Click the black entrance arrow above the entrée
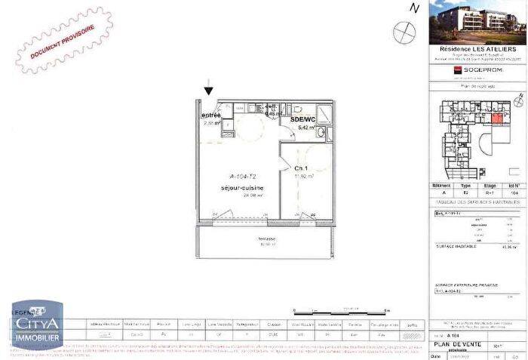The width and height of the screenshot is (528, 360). pos(209,91)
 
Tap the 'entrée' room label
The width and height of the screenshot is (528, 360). pos(211,115)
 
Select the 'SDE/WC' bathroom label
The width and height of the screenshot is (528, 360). pos(302,119)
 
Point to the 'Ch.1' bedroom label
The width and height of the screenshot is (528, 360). pos(300,168)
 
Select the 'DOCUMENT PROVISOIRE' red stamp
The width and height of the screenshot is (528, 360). pos(63,42)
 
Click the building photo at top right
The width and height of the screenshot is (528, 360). pos(477,23)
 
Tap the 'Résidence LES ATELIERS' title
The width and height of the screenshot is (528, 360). pos(477,50)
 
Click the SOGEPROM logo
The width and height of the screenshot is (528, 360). pos(477,69)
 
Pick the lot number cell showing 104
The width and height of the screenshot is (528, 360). pos(515,192)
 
